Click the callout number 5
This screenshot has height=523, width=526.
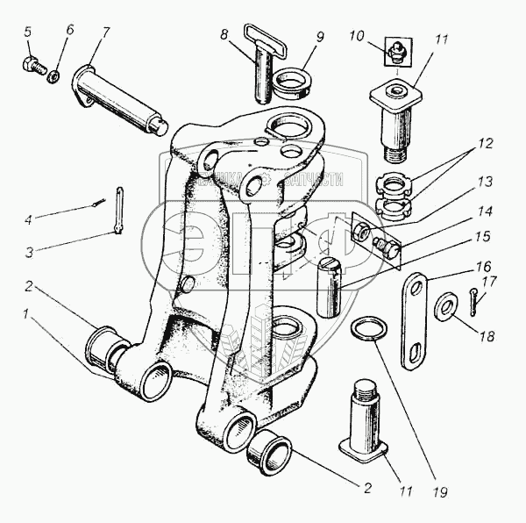[27, 32]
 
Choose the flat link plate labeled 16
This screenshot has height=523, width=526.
[417, 321]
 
